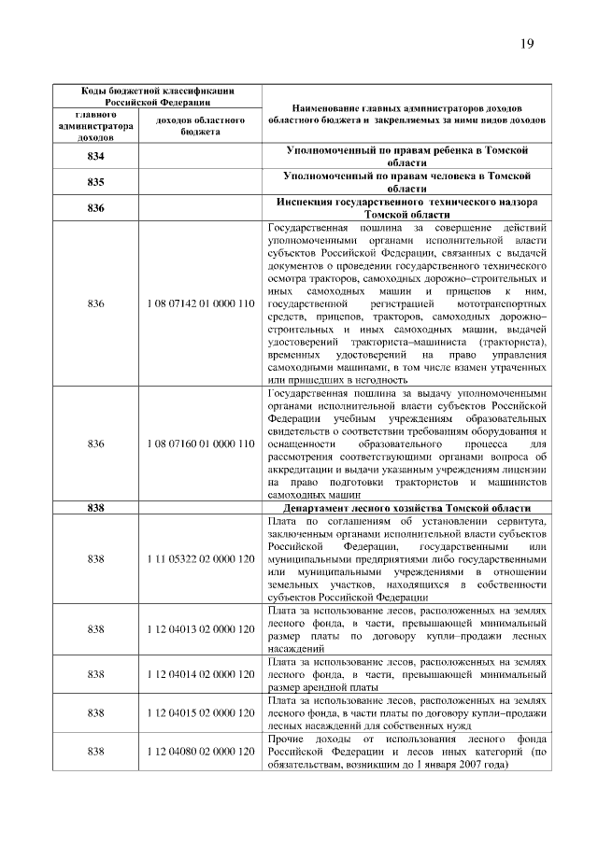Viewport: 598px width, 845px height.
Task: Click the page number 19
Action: [x=528, y=45]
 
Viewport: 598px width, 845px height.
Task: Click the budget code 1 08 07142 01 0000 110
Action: [x=201, y=304]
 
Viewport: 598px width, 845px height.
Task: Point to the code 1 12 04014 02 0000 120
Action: [x=201, y=673]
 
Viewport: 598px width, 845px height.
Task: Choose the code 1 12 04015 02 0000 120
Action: [x=201, y=712]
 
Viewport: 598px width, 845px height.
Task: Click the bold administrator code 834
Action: [x=95, y=156]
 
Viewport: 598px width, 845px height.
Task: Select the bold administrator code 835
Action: [x=95, y=181]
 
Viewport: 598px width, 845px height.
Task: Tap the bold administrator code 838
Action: [x=95, y=507]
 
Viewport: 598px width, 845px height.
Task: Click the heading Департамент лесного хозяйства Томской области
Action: [x=405, y=507]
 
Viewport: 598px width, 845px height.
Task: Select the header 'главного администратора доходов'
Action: [x=95, y=126]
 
